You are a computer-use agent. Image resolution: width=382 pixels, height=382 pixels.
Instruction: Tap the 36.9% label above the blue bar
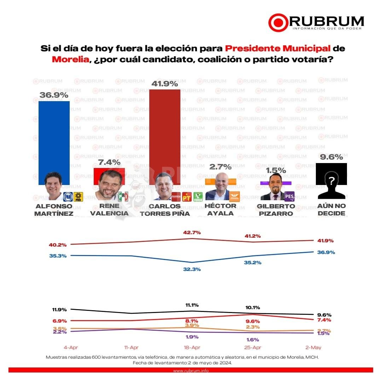[54, 95]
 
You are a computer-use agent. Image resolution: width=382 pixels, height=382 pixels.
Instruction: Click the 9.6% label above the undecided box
[331, 157]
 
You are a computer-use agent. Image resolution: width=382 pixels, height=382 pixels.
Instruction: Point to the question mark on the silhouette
[331, 181]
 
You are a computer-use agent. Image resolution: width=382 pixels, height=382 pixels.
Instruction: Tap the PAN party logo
[68, 196]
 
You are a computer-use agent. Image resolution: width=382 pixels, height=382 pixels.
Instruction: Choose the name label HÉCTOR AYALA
[220, 209]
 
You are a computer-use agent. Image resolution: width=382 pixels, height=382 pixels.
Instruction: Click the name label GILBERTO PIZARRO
[276, 209]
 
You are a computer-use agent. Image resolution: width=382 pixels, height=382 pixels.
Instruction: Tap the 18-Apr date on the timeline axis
[192, 347]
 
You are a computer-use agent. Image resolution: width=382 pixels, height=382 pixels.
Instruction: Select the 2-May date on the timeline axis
[313, 347]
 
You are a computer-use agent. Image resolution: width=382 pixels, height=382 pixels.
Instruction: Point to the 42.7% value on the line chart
[192, 232]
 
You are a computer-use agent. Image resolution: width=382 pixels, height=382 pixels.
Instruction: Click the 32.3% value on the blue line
[192, 269]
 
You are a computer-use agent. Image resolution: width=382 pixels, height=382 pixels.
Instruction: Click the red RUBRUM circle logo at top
[278, 23]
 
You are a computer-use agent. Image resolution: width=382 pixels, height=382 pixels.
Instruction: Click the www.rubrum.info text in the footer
[191, 371]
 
